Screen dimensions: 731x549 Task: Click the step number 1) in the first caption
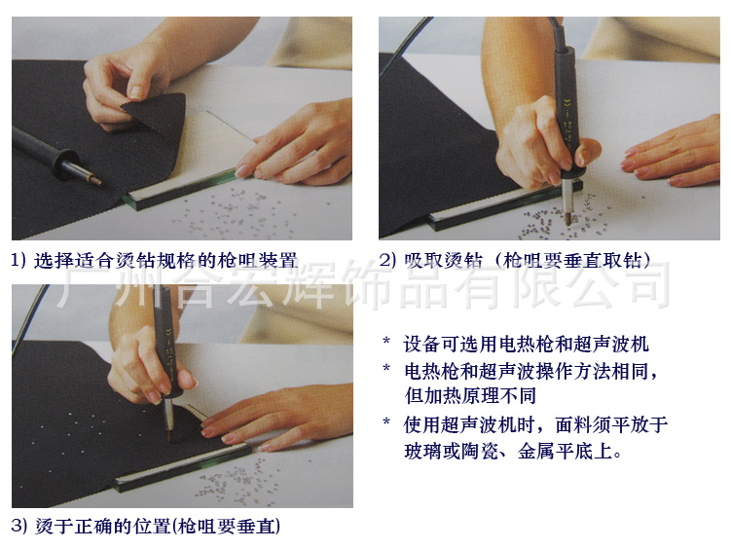tap(18, 260)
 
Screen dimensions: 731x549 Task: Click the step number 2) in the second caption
tap(387, 260)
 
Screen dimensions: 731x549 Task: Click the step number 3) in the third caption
tap(19, 527)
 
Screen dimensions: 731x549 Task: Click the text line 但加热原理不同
tap(470, 395)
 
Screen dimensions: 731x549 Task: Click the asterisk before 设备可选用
tap(386, 342)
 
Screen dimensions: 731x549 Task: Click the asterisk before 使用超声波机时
tap(386, 422)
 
